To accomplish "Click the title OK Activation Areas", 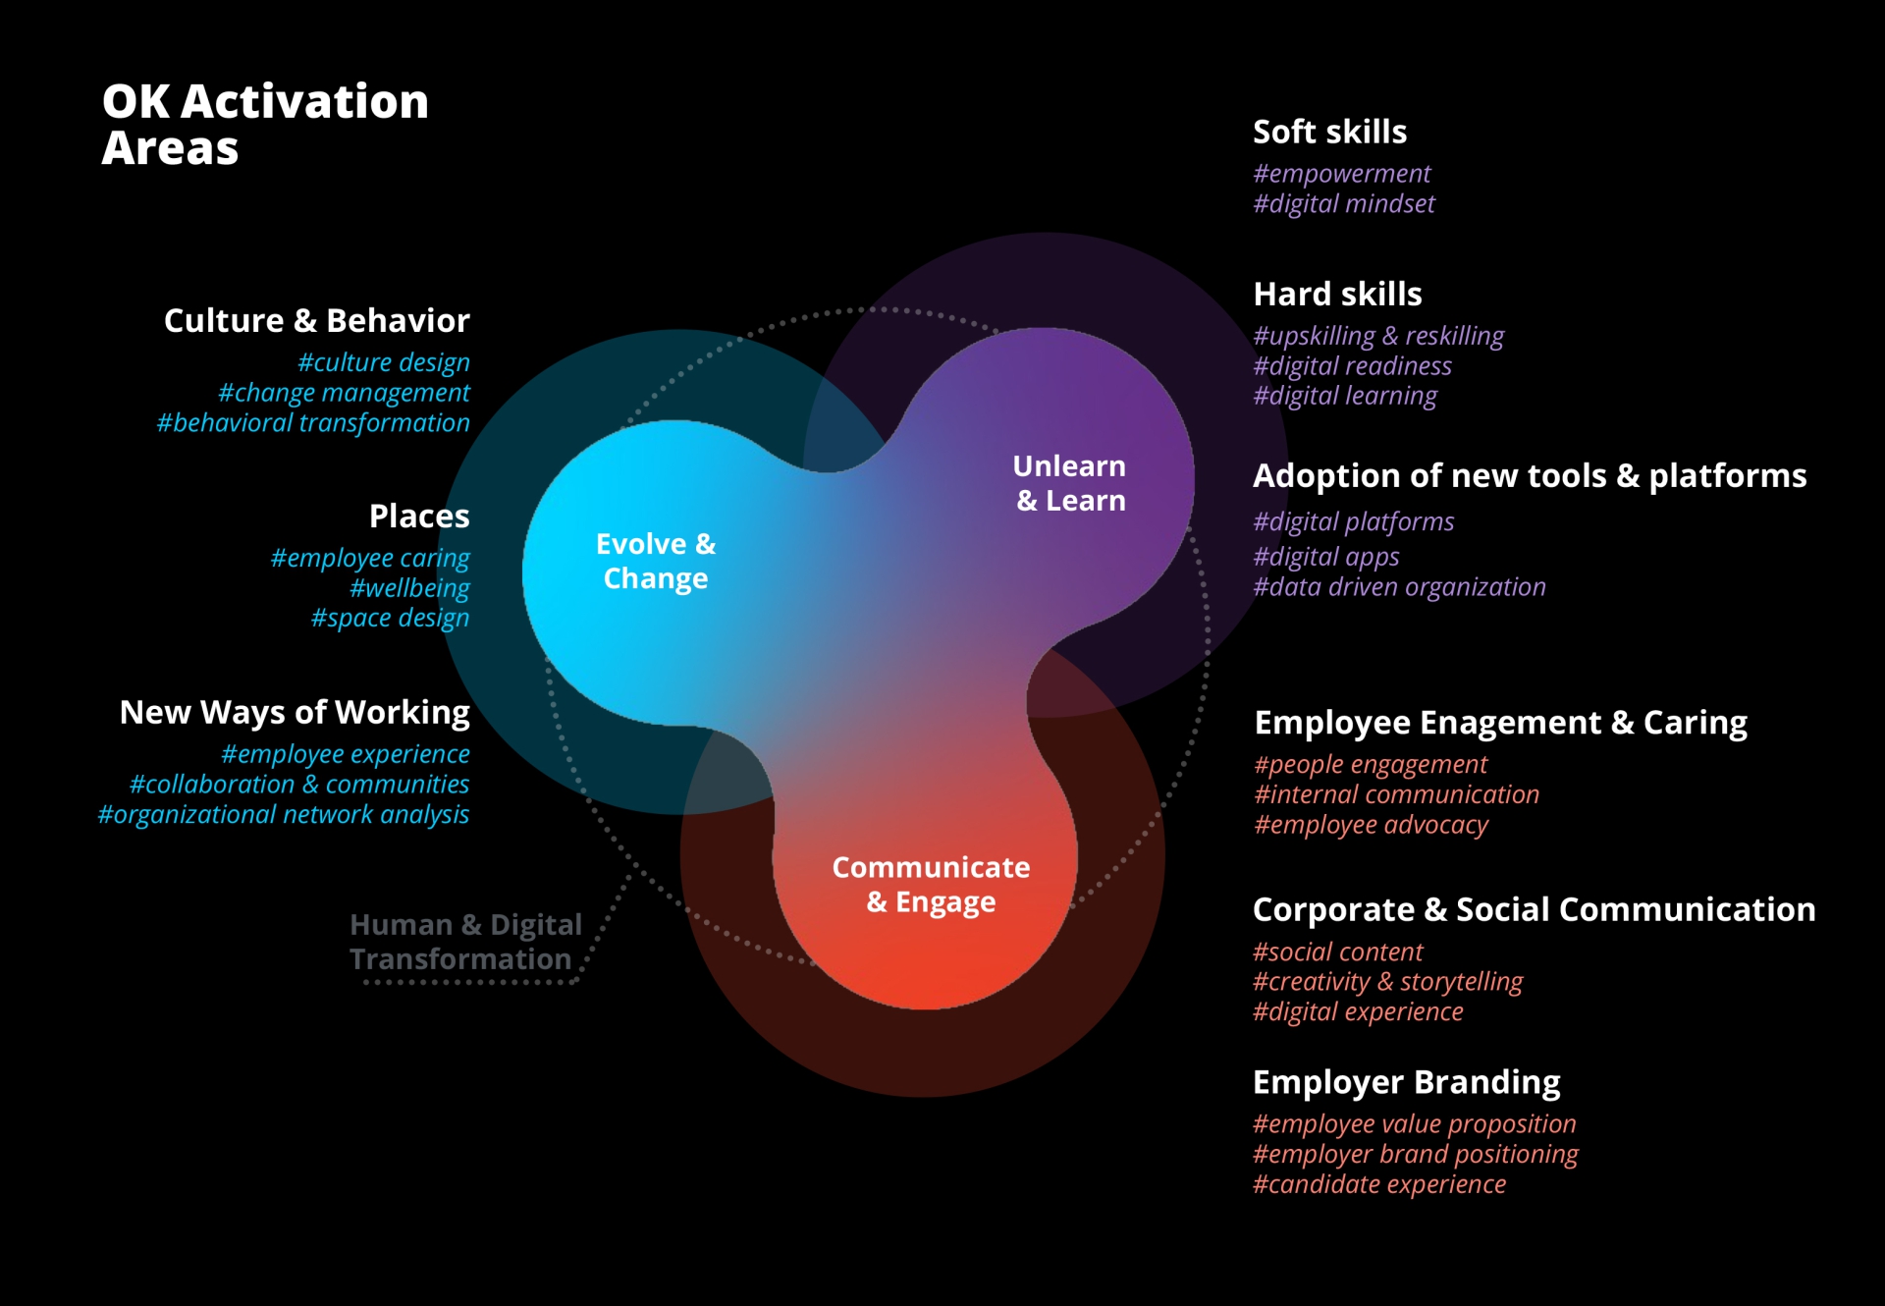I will (265, 125).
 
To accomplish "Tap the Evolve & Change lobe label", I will (656, 561).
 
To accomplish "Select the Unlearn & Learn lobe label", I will (1069, 483).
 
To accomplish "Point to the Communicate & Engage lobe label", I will (931, 884).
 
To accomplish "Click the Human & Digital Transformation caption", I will (465, 942).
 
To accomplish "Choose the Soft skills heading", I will (1329, 132).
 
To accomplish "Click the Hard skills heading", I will (1337, 294).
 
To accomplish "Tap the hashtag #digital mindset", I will (1343, 204).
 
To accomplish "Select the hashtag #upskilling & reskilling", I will (1377, 336).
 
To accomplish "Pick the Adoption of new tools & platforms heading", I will (1529, 475).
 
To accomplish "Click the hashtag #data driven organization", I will (1399, 587).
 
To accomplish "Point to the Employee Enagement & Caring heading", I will (1500, 723).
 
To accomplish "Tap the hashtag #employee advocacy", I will (1371, 825).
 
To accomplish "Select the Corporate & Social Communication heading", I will (1534, 909).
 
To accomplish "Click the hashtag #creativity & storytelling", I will (1387, 982).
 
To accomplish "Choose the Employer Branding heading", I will (1406, 1082).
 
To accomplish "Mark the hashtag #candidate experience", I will (1378, 1184).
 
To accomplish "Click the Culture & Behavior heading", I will (316, 320).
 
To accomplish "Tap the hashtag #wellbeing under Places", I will (409, 588).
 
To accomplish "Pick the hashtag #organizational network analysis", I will (283, 815).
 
